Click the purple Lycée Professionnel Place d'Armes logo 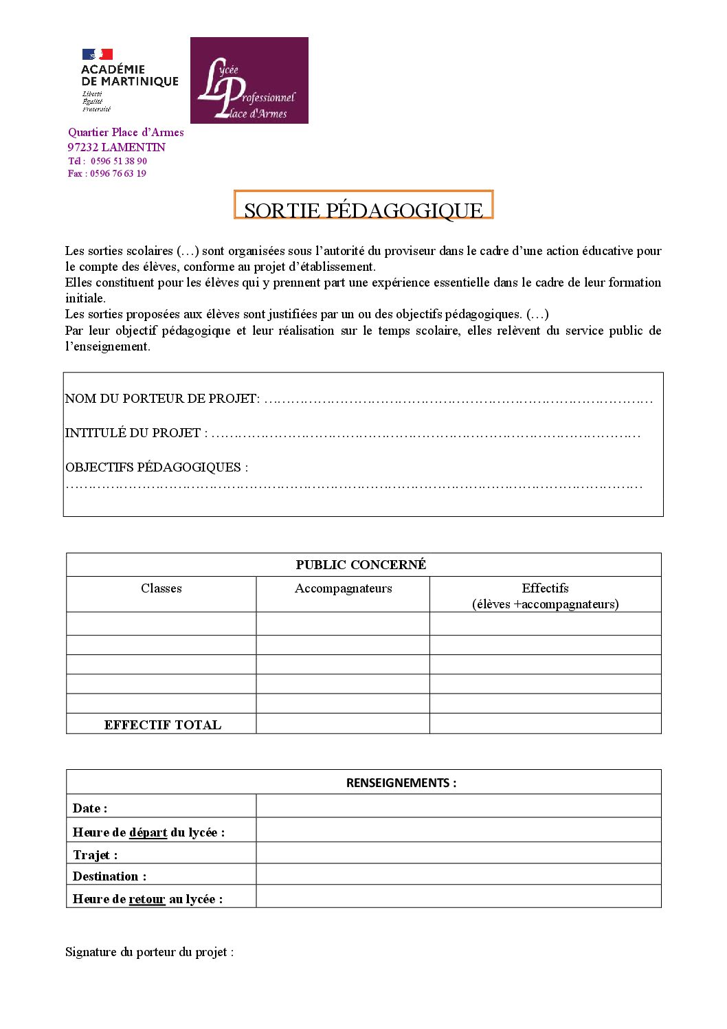coord(249,80)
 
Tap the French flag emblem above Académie coord(98,54)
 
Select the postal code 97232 coord(83,147)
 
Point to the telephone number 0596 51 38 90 coord(118,161)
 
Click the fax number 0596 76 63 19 coord(118,173)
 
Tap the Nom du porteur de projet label coord(162,399)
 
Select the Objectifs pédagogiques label coord(157,467)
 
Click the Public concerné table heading coord(361,565)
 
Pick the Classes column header coord(161,588)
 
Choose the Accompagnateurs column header coord(343,588)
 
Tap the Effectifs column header coord(545,588)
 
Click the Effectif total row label coord(163,724)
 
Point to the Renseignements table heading coord(401,783)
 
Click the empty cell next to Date coord(458,806)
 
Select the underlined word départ coord(148,832)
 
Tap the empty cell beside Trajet coord(458,853)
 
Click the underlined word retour coord(147,899)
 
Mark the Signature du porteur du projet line coord(149,952)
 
